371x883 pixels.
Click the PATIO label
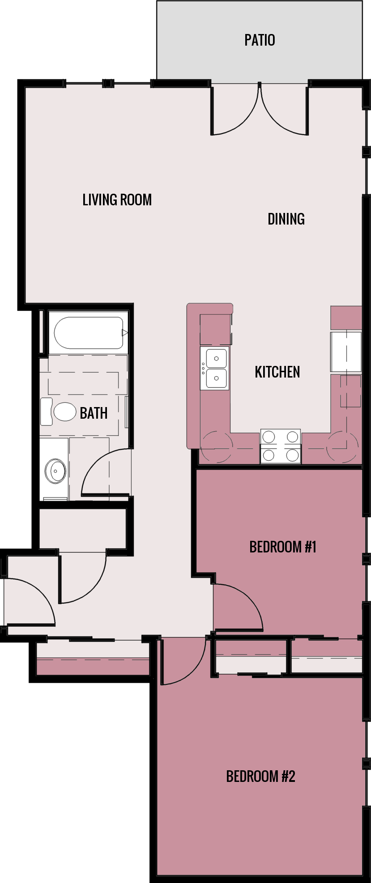[260, 40]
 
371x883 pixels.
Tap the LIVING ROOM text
[117, 200]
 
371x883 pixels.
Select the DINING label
[286, 219]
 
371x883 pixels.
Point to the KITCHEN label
[277, 372]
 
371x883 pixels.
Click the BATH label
[94, 413]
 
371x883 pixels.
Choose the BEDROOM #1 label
[283, 547]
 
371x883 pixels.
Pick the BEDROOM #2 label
[260, 776]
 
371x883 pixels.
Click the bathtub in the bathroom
[89, 333]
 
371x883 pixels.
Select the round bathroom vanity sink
[55, 470]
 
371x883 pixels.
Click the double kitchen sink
[216, 368]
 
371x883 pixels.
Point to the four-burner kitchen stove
[281, 446]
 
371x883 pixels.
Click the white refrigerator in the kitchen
[345, 352]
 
